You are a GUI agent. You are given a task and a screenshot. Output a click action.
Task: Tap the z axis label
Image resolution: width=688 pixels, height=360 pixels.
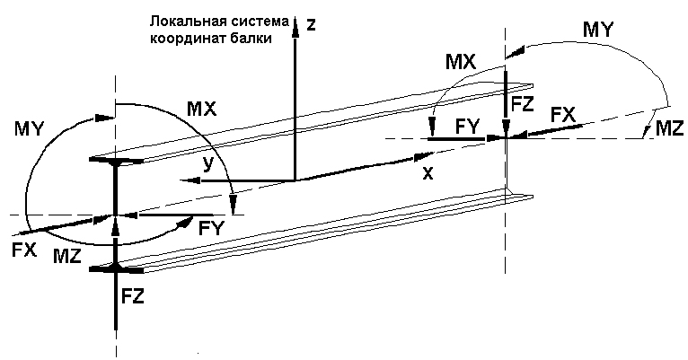(311, 25)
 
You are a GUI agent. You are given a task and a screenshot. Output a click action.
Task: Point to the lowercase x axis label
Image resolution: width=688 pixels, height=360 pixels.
(428, 174)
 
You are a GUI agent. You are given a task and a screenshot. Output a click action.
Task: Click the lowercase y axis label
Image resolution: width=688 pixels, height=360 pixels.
(208, 164)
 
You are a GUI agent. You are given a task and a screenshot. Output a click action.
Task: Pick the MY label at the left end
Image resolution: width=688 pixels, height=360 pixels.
(30, 129)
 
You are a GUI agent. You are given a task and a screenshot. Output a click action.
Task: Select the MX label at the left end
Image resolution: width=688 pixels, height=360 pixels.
(202, 109)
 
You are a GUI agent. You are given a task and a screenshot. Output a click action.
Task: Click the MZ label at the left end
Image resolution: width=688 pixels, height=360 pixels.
(67, 257)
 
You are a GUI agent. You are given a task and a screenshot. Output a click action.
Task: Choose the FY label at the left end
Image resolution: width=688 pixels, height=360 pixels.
(211, 229)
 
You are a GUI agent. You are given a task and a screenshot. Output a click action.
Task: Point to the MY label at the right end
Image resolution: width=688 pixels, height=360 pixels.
(597, 30)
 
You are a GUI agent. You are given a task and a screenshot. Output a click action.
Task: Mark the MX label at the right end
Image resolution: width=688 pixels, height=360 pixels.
(461, 62)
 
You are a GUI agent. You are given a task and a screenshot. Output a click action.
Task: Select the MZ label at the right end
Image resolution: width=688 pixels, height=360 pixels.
(669, 129)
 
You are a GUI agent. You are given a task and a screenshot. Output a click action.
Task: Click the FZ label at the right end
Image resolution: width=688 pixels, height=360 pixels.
(522, 104)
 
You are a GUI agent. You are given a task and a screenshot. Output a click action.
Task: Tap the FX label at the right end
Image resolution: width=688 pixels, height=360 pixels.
(563, 115)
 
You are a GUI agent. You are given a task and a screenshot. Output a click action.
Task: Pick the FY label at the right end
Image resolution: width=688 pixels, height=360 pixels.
(468, 127)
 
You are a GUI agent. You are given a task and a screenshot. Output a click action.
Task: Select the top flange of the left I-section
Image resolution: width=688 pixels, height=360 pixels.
(116, 161)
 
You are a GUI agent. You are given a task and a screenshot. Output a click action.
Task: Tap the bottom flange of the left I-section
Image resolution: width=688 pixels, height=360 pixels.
(116, 268)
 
